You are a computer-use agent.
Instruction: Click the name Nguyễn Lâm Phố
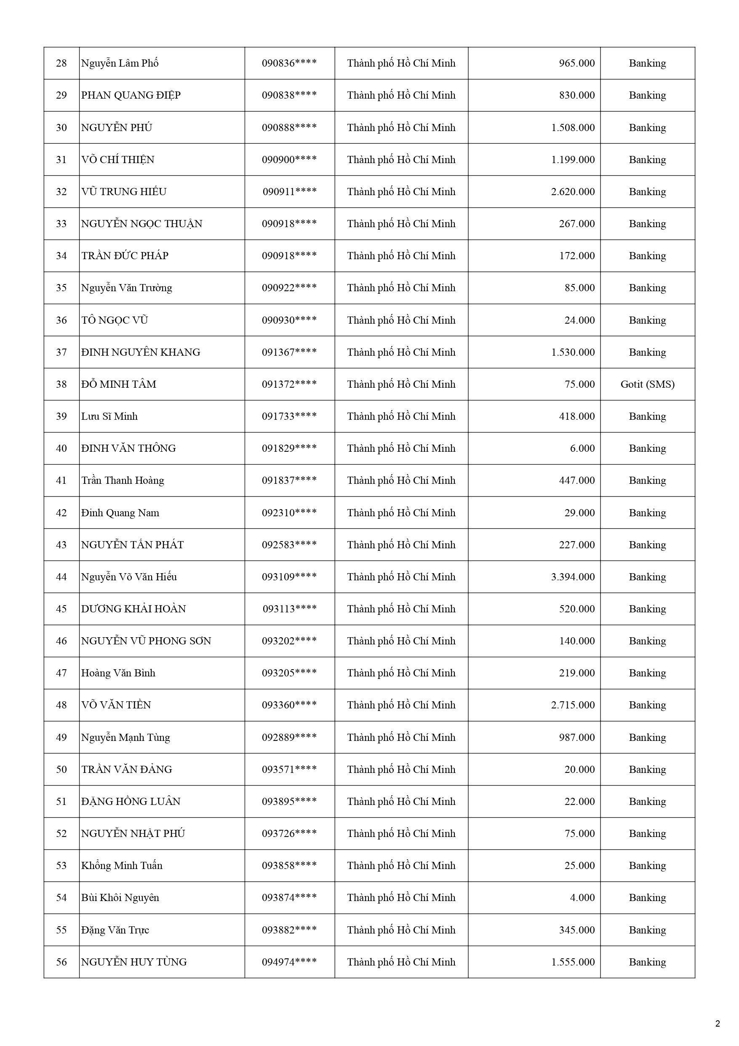coord(120,63)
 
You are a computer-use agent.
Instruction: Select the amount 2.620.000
coord(572,192)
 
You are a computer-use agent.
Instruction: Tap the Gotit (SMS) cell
coord(647,384)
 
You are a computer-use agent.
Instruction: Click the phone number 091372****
coord(289,384)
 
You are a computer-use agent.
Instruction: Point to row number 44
coord(61,577)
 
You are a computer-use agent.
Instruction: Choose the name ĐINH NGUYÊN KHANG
coord(141,352)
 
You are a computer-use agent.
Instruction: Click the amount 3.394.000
coord(572,577)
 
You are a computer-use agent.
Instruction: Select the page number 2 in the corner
coord(718,1024)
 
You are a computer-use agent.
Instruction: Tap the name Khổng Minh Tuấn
coord(122,866)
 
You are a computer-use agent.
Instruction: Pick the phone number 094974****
coord(289,962)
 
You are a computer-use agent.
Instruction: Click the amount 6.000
coord(582,448)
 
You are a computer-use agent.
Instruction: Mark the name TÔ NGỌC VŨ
coord(115,320)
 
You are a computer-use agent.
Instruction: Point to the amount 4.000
coord(582,898)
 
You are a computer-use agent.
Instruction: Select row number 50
coord(61,770)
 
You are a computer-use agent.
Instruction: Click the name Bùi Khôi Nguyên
coord(120,898)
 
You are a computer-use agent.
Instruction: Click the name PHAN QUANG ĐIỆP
coord(131,95)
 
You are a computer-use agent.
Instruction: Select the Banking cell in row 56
coord(647,962)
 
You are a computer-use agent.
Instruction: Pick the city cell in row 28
coord(401,63)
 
